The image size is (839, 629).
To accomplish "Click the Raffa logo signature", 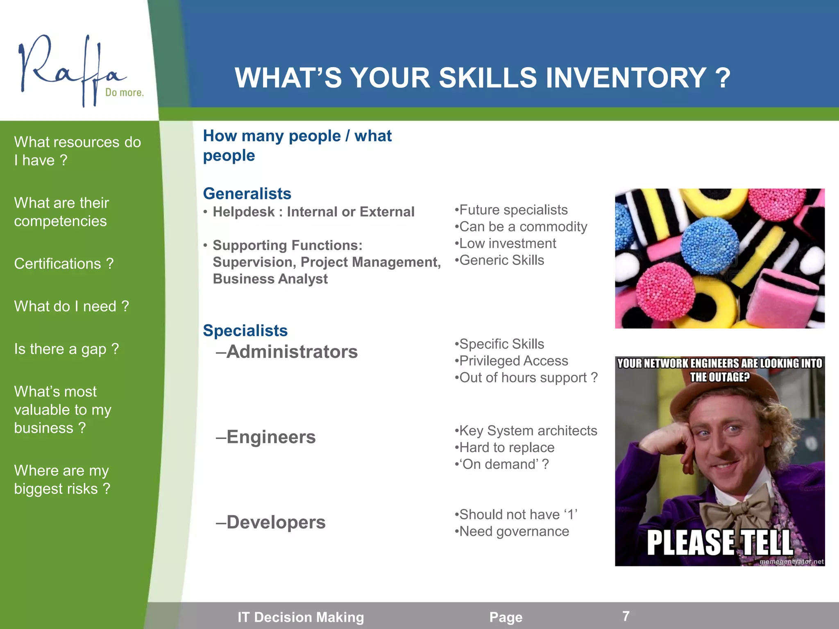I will pos(70,70).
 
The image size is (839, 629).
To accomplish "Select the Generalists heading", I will pos(247,194).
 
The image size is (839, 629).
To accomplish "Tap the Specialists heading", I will pos(245,330).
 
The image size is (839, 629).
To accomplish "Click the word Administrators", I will pos(292,352).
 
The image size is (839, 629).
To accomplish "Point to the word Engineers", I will pos(271,437).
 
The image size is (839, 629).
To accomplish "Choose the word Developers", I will pos(276,522).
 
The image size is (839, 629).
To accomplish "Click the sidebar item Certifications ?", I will pos(63,264).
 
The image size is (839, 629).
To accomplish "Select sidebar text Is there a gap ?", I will pos(66,349).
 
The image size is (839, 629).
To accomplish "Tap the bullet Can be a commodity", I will pos(523,226).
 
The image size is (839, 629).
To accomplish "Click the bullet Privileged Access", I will pos(513,361).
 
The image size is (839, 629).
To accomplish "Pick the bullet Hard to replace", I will pos(506,448).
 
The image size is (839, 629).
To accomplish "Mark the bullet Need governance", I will pos(514,532).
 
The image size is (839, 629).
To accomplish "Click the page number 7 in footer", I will pos(626,616).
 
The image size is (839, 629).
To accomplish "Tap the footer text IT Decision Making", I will pos(301,617).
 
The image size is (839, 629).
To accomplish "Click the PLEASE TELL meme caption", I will pos(720,543).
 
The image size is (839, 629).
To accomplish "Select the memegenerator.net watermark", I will pos(791,561).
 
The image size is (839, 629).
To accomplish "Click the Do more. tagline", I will pos(124,93).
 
